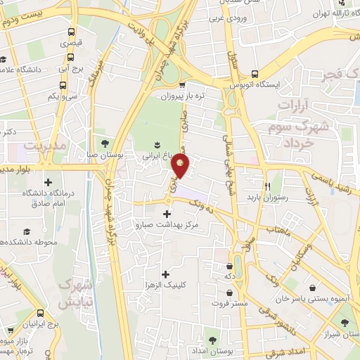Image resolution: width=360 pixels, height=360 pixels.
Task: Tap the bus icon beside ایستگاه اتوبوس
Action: (254, 73)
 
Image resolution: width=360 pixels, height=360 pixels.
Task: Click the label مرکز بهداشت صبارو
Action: (167, 225)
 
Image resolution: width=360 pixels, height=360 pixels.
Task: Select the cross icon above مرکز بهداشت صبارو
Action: (167, 214)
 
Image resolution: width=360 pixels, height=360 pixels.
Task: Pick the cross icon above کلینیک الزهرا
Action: (166, 274)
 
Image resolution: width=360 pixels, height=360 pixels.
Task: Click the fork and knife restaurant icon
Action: (267, 187)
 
